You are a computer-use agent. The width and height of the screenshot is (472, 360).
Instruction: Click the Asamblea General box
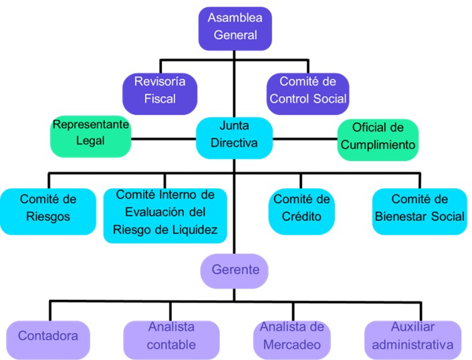click(235, 27)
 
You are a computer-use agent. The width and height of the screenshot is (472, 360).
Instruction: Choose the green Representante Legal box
click(90, 137)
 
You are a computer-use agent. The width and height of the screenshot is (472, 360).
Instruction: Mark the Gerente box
click(235, 271)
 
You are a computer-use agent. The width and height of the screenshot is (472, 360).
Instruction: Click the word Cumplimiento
click(378, 145)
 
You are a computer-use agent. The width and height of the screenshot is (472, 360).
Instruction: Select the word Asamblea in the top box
click(235, 18)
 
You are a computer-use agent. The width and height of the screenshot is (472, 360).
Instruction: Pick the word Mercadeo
click(292, 345)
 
